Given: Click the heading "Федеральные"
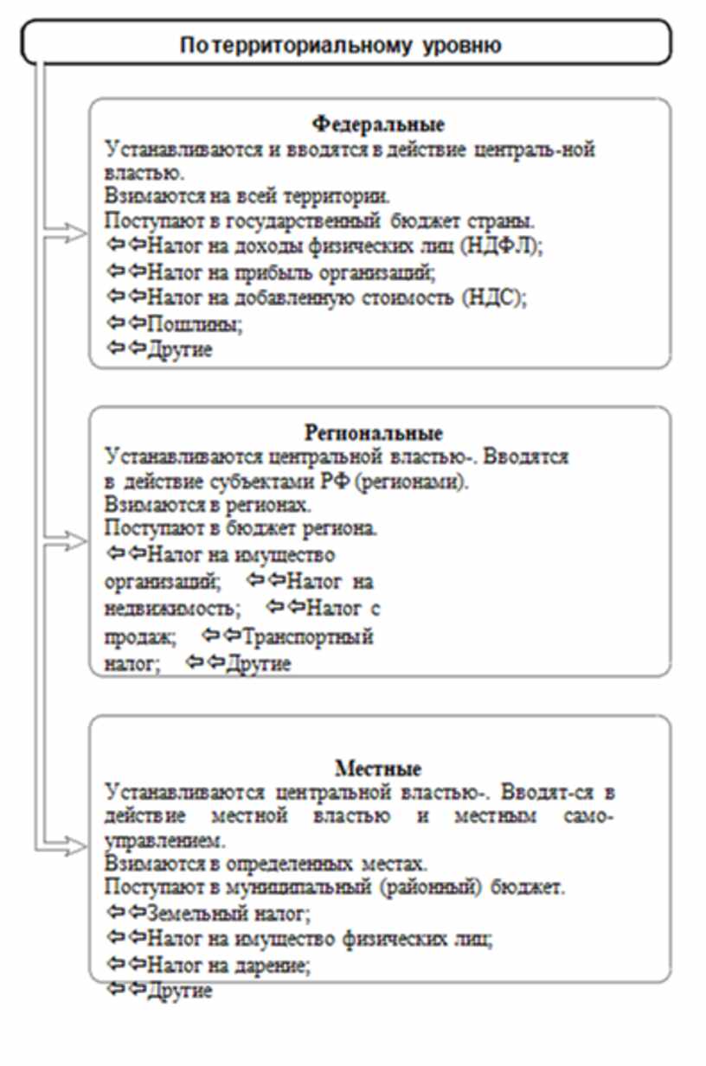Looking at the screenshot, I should (x=379, y=123).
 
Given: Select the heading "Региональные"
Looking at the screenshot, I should (x=374, y=432).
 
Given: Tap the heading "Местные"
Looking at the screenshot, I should (x=378, y=769).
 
